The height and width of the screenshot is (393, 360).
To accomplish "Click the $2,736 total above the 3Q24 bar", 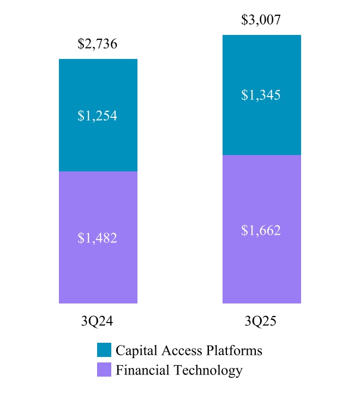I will pos(98,44).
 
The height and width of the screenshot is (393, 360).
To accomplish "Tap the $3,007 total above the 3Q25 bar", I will pos(261,21).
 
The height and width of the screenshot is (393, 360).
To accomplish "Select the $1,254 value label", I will pos(98,116).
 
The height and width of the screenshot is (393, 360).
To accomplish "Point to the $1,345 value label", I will pos(261,96).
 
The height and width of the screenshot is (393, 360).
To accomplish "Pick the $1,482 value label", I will pos(98,238).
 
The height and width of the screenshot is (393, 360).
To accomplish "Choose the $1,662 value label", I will pos(261,230).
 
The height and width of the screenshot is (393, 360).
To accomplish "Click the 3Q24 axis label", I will pos(98,321).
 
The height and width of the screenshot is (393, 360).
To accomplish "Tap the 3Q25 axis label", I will pos(261,321).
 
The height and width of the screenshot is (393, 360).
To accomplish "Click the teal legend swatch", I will pos(104,350).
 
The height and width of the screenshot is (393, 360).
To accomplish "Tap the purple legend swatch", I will pos(104,370).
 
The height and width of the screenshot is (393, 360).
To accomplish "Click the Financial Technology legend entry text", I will pos(179,370).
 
